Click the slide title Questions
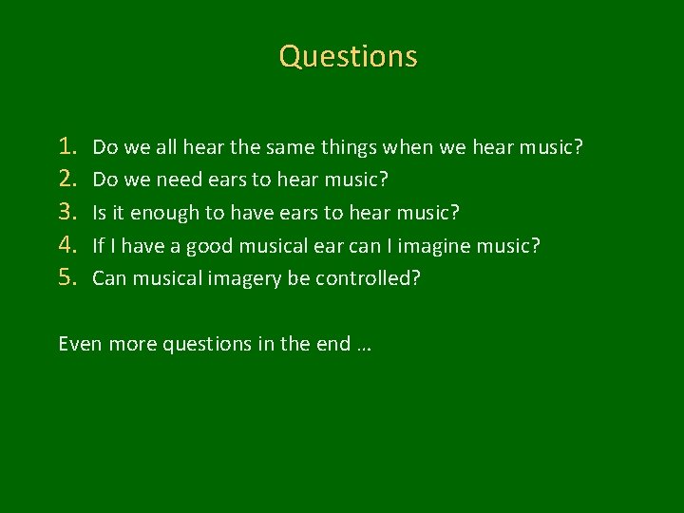tap(349, 56)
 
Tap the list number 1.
tap(68, 146)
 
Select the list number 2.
tap(68, 179)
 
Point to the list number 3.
tap(68, 211)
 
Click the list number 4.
tap(68, 244)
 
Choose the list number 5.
tap(68, 277)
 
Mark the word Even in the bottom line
tap(80, 344)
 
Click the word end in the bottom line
tap(333, 344)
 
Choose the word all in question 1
tap(166, 147)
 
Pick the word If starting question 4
tap(97, 245)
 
